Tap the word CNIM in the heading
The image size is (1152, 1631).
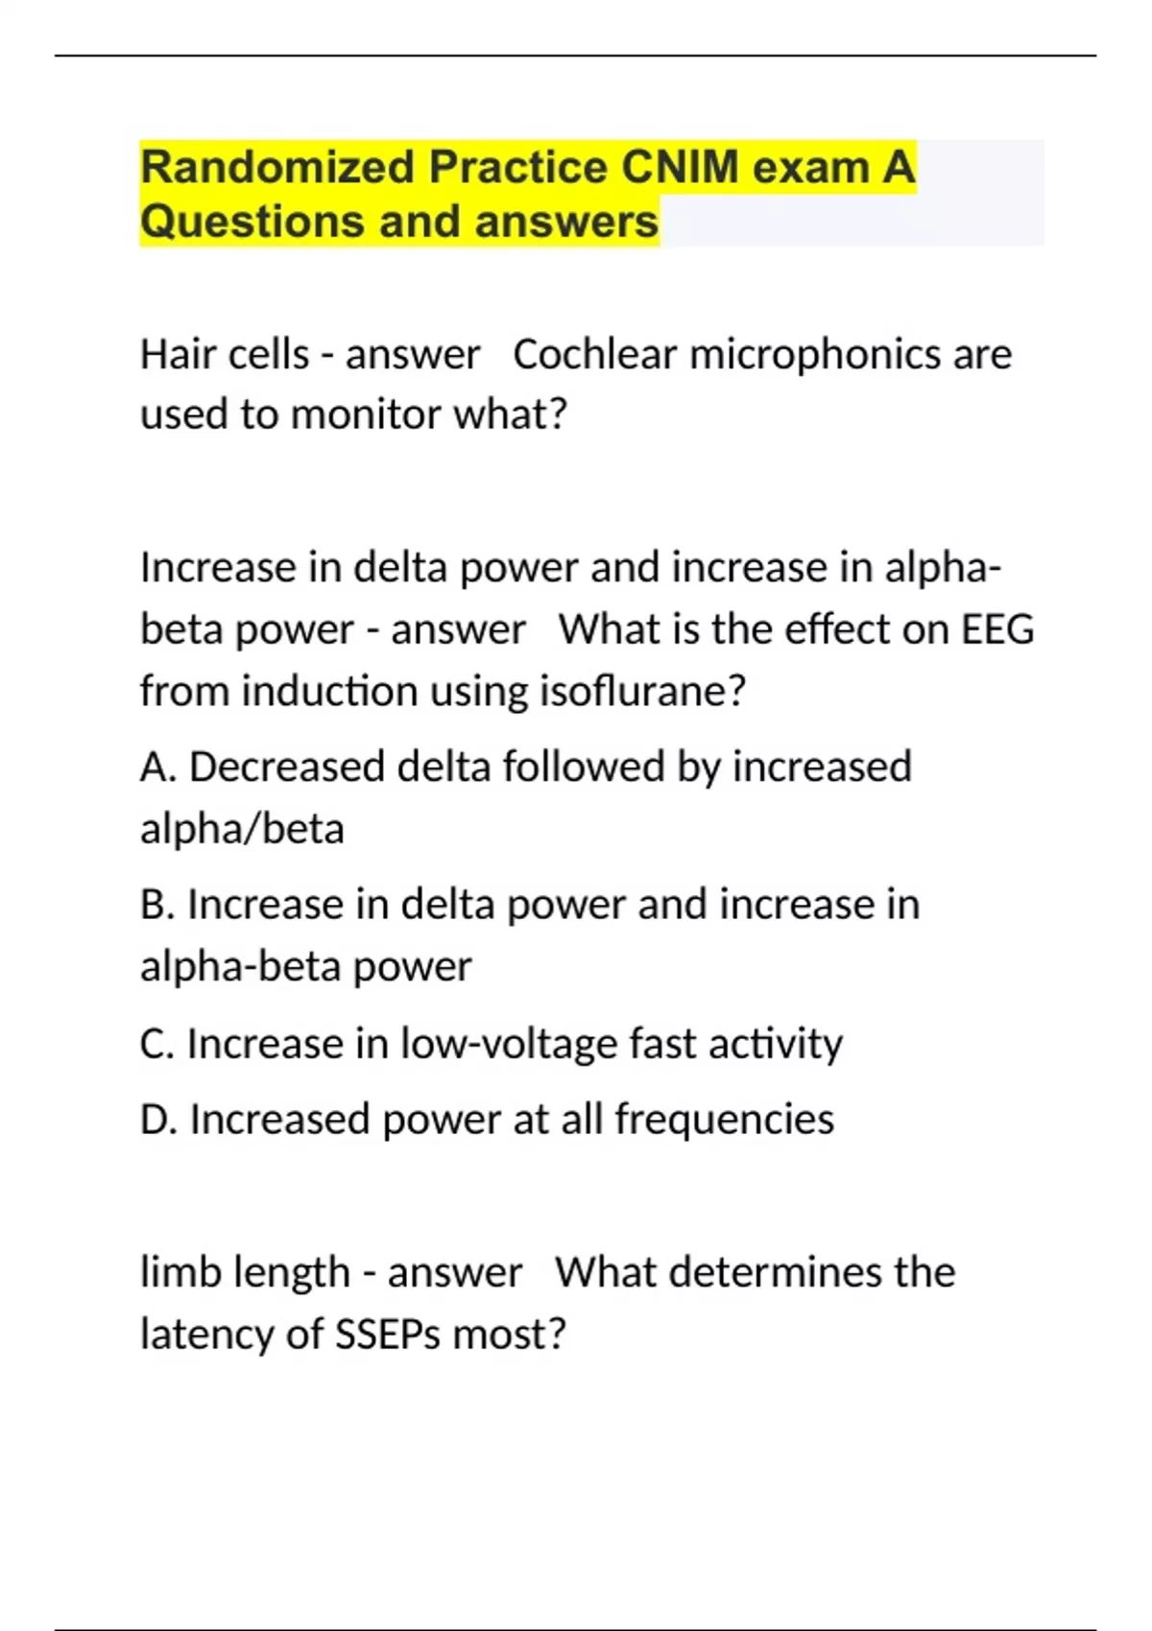[x=681, y=168]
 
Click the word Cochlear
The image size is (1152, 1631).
[x=594, y=355]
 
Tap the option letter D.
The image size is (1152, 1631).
[x=155, y=1120]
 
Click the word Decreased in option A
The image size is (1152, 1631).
[x=286, y=768]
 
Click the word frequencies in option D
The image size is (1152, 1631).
[x=724, y=1120]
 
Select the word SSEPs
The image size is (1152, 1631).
[x=387, y=1335]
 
